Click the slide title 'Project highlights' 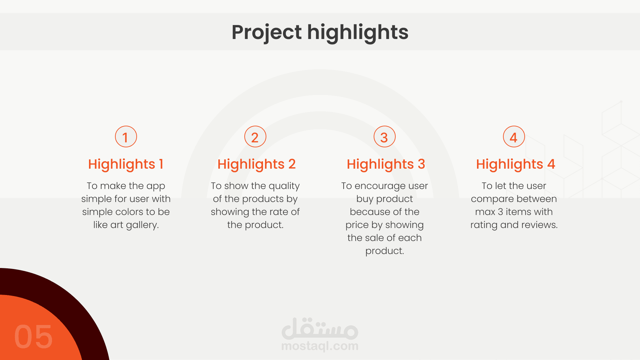tap(320, 32)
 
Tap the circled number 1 tap(126, 137)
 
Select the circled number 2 tap(255, 137)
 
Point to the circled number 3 tap(385, 137)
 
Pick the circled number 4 tap(514, 137)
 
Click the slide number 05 tap(33, 337)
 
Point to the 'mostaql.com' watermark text tap(320, 346)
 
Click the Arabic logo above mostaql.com tap(320, 328)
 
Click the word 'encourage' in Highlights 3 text tap(378, 186)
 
